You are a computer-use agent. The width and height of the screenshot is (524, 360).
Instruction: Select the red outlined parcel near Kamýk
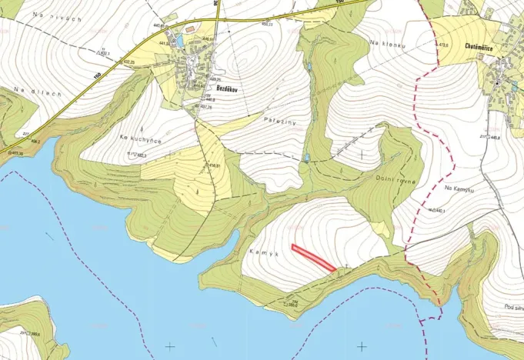click(x=314, y=258)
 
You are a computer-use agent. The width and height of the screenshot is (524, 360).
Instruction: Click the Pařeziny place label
click(x=279, y=122)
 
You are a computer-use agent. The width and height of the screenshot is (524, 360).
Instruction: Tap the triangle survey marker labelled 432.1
click(x=100, y=54)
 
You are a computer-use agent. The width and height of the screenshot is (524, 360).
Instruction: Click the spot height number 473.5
click(x=443, y=45)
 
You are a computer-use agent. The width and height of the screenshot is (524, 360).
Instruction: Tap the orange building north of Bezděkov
click(x=189, y=29)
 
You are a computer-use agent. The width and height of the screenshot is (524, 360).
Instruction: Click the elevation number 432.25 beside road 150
click(x=128, y=62)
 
